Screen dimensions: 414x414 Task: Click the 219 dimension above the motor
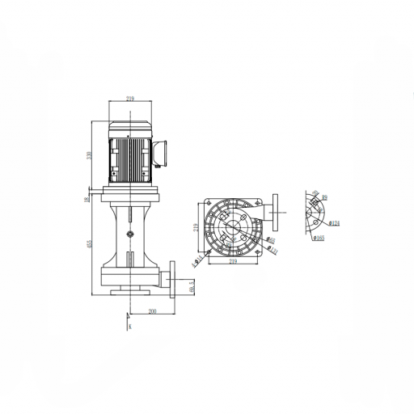pyautogui.click(x=131, y=99)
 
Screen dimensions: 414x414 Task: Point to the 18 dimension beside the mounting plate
pyautogui.click(x=87, y=196)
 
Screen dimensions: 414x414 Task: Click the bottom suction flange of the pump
pyautogui.click(x=130, y=293)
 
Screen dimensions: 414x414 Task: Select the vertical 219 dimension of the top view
pyautogui.click(x=196, y=229)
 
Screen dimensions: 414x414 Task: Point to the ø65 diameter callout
pyautogui.click(x=272, y=241)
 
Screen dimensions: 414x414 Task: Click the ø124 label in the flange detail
pyautogui.click(x=334, y=222)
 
